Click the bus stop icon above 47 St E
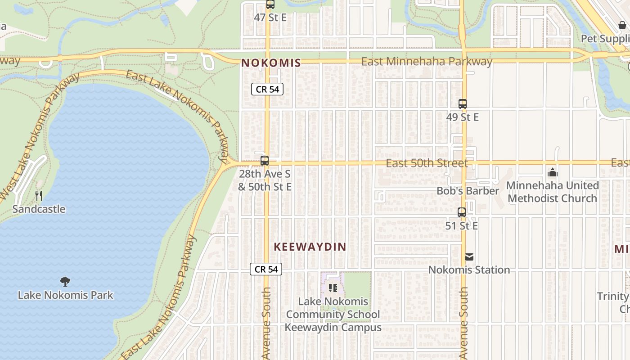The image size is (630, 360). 270,4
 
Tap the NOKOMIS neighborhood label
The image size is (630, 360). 271,63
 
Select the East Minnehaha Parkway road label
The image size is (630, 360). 427,61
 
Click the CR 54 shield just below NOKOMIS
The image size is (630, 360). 267,89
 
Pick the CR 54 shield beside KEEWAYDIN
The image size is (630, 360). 266,269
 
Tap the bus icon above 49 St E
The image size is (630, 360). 463,104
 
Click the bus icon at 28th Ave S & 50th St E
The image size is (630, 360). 265,161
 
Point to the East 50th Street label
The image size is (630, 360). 427,163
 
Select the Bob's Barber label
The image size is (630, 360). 468,191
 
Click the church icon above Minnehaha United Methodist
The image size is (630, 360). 552,172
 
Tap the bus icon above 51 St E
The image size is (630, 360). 462,212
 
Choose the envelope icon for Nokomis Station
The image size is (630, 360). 469,257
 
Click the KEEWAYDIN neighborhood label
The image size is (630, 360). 310,247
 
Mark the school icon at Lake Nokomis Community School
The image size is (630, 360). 333,288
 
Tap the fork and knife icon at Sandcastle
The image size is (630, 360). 39,196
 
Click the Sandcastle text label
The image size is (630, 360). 39,209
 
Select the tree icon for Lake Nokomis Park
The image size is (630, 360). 65,282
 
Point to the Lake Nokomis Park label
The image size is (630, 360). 65,295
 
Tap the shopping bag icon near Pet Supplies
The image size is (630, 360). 622,25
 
